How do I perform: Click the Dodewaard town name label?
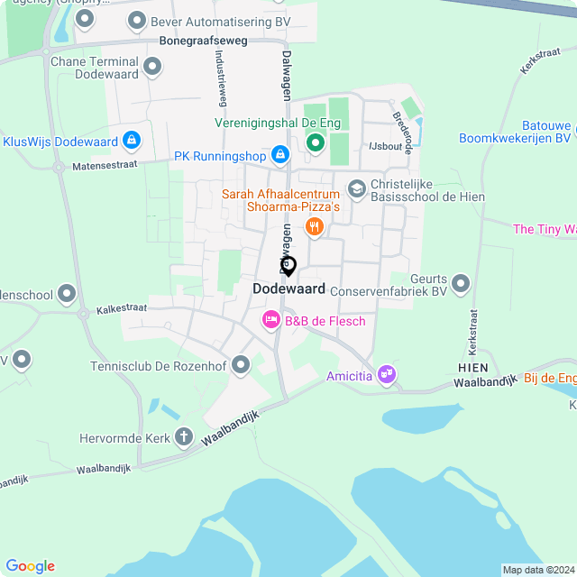click(x=288, y=288)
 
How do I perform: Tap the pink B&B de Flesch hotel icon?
click(x=270, y=320)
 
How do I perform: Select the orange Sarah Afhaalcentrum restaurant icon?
click(x=314, y=226)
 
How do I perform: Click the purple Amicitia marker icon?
click(x=387, y=373)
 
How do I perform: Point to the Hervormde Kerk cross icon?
click(x=184, y=437)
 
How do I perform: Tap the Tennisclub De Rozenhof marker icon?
click(x=241, y=365)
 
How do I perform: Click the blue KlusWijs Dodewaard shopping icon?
click(x=133, y=141)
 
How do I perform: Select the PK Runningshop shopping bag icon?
click(x=280, y=156)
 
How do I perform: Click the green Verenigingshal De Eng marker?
click(x=316, y=142)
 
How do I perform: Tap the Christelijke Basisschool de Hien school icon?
click(x=356, y=188)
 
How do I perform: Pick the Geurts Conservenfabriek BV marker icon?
click(x=462, y=284)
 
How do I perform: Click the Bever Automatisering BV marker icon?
click(x=137, y=19)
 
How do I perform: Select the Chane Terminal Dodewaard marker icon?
click(x=152, y=66)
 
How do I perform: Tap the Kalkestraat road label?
click(x=123, y=308)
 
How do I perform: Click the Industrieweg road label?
click(x=220, y=77)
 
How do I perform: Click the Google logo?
click(x=30, y=566)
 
